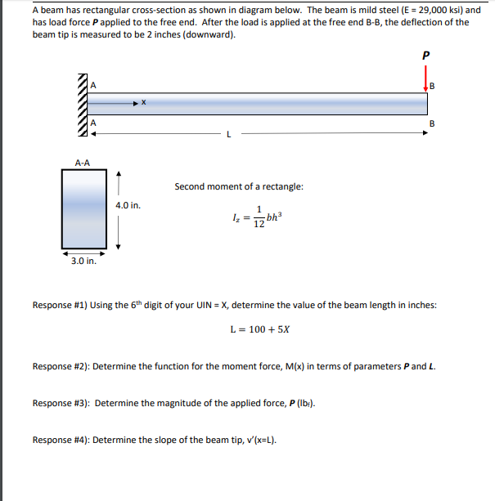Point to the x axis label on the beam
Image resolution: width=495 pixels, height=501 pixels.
[x=143, y=103]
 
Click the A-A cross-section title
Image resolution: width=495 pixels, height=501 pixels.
[x=83, y=163]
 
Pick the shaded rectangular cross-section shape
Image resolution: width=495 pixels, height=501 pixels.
[x=83, y=208]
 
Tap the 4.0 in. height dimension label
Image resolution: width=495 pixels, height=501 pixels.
[x=129, y=205]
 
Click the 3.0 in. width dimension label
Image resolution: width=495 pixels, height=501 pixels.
[x=83, y=262]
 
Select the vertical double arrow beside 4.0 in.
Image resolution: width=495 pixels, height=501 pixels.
[x=119, y=210]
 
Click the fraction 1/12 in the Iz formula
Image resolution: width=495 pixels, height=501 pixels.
[x=259, y=217]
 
